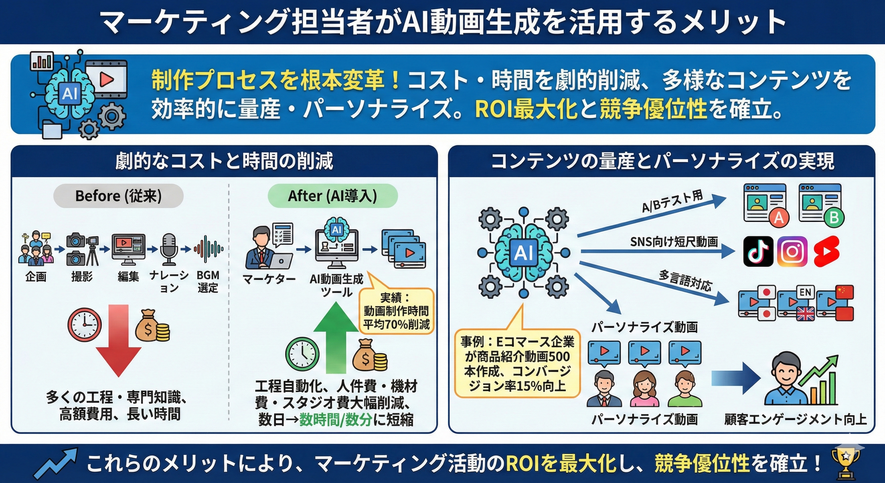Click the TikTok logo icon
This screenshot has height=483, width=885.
pos(758,252)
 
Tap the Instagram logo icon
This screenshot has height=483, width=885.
pos(792,252)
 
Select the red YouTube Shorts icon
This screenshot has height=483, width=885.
pos(827,252)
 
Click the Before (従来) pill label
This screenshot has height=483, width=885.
pos(118,196)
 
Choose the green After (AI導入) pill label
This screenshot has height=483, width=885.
pos(332,196)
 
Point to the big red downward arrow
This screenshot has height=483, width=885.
pos(118,340)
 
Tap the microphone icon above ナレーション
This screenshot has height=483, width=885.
pos(169,249)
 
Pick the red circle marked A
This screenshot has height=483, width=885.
pos(778,218)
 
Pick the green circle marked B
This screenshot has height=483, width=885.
pos(834,218)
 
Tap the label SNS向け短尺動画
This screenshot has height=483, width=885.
pos(674,242)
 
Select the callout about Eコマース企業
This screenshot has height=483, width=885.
pos(517,364)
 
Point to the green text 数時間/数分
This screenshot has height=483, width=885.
pos(336,419)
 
